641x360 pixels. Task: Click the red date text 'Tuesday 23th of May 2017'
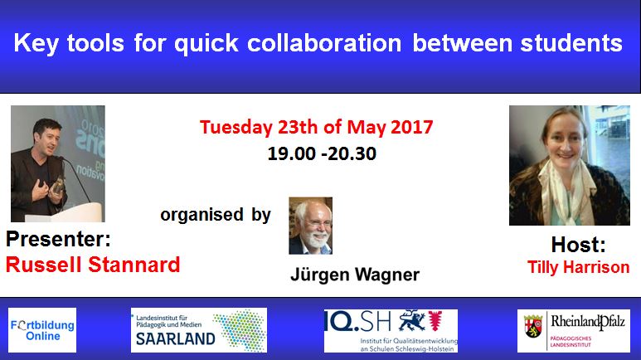click(316, 129)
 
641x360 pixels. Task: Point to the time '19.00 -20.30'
click(316, 153)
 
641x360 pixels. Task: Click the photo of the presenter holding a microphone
click(57, 163)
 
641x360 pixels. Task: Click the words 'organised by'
click(216, 215)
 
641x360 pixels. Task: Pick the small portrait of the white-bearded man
click(310, 225)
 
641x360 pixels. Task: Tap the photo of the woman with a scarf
click(558, 165)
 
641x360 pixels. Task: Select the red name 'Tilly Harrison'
click(578, 267)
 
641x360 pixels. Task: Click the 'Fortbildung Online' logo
click(41, 330)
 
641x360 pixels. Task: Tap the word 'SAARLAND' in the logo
click(174, 338)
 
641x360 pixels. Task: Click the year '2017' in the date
click(411, 129)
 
